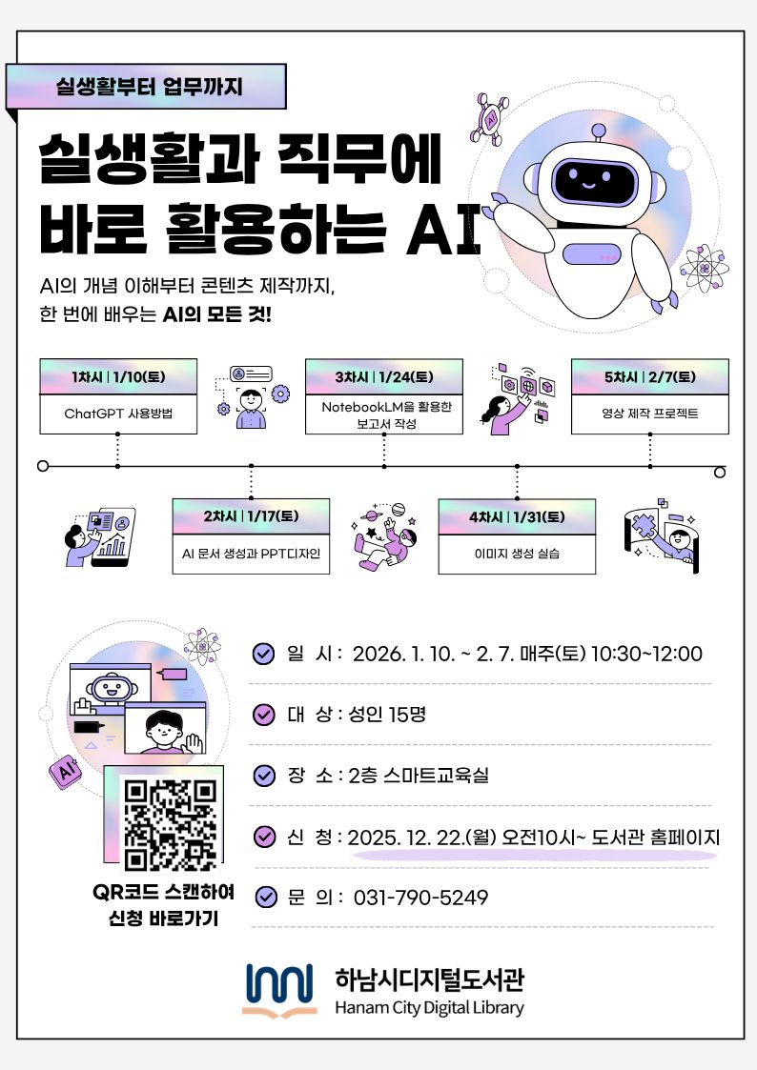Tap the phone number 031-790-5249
click(420, 898)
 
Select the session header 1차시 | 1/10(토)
click(118, 376)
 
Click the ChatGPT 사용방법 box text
click(118, 414)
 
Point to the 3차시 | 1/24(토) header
click(383, 376)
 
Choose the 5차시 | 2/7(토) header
click(650, 376)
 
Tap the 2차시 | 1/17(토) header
click(251, 516)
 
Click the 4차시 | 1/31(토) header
click(517, 516)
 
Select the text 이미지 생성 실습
click(517, 554)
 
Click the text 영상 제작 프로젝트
click(650, 414)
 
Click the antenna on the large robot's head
click(599, 132)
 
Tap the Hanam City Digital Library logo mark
click(280, 990)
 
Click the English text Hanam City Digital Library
click(429, 1008)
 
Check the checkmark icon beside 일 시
click(263, 654)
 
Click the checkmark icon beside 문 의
click(266, 897)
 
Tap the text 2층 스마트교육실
click(419, 776)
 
